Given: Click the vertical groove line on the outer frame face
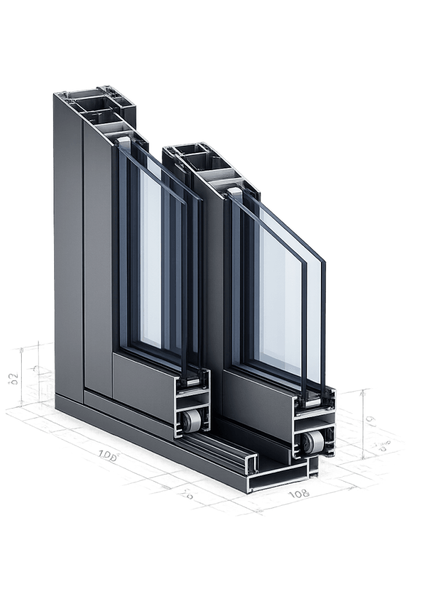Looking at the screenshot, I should [83, 251].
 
